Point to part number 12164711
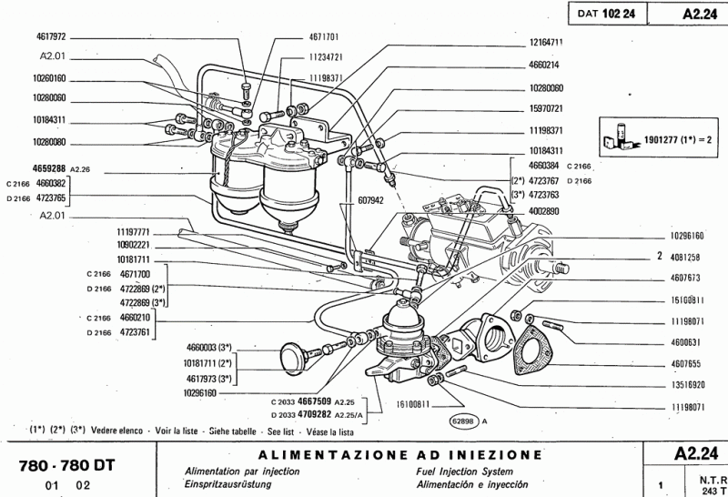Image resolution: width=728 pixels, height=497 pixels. (546, 42)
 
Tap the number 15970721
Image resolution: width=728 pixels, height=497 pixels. (546, 108)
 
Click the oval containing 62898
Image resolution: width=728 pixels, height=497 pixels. (464, 421)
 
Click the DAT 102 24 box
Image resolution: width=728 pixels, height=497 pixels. (604, 14)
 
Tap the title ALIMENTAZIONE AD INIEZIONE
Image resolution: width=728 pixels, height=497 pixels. (400, 453)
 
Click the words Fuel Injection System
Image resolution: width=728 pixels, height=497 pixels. (448, 472)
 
